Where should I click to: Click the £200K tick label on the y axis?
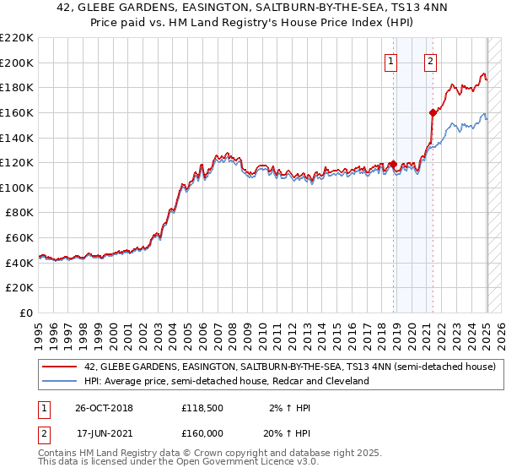pyautogui.click(x=17, y=63)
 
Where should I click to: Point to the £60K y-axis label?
pyautogui.click(x=19, y=237)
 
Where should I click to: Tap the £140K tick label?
pyautogui.click(x=17, y=138)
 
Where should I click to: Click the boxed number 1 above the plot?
pyautogui.click(x=393, y=60)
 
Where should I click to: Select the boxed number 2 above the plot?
pyautogui.click(x=431, y=60)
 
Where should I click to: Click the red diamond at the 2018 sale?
pyautogui.click(x=393, y=165)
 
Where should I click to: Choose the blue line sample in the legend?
pyautogui.click(x=60, y=381)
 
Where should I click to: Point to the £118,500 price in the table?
pyautogui.click(x=202, y=408)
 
